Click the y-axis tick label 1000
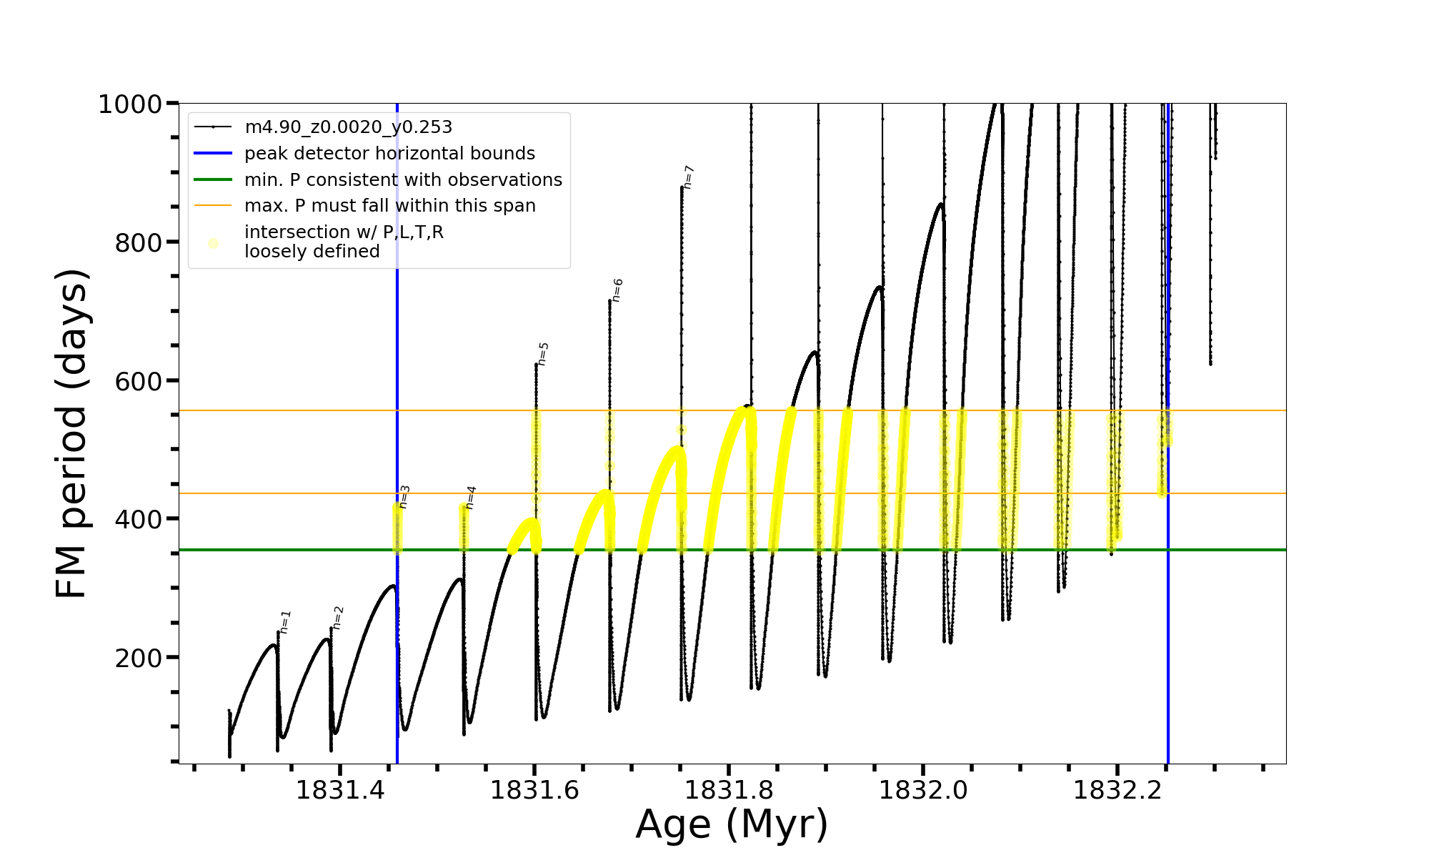coord(130,104)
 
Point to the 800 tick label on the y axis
coord(139,243)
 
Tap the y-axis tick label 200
coord(139,658)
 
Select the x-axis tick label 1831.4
coord(340,790)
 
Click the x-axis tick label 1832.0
coord(923,790)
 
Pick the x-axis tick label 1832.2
coord(1117,790)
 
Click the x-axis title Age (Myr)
coord(732,824)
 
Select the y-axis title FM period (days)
coord(71,433)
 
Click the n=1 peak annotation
coord(285,622)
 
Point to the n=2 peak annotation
coord(338,618)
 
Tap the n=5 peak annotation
coord(543,354)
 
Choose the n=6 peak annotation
coord(617,290)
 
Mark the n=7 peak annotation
coord(688,177)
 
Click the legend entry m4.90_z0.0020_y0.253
coord(348,127)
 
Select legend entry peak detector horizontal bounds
coord(389,154)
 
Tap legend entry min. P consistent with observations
coord(403,179)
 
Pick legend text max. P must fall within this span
coord(389,206)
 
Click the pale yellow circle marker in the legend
coord(213,243)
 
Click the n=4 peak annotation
coord(470,497)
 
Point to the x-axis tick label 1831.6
coord(534,790)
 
